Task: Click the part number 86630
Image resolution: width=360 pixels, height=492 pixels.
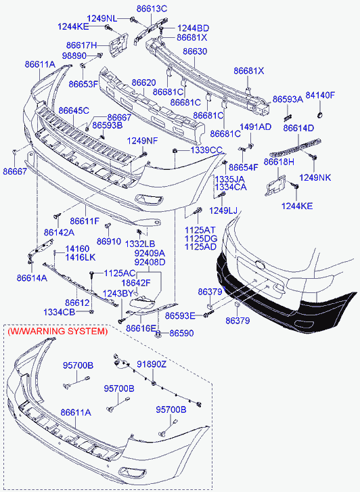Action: tap(195, 51)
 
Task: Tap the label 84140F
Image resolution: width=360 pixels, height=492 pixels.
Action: tap(320, 95)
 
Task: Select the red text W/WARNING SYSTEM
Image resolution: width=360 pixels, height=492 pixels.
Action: tap(58, 331)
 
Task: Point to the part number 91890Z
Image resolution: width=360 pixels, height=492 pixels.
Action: tap(152, 364)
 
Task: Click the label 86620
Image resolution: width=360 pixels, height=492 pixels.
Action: tap(143, 83)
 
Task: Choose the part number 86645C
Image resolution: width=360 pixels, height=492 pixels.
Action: tap(74, 110)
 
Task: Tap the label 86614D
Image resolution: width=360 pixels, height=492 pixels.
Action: tap(298, 128)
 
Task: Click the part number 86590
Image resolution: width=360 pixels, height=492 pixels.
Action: tap(181, 333)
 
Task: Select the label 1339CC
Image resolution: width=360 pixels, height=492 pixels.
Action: tap(206, 150)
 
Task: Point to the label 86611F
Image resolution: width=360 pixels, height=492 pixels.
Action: tap(85, 221)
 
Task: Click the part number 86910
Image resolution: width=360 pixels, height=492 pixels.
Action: tap(108, 242)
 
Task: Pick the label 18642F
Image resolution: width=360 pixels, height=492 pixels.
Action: tap(136, 283)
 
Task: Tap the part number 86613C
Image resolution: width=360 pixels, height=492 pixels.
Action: tap(152, 9)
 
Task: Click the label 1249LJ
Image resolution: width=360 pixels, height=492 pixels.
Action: tap(223, 210)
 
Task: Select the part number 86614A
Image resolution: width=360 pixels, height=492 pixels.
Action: tap(32, 277)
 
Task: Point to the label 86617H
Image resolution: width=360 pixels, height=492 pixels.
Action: tap(82, 45)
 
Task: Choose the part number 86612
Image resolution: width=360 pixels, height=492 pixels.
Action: tap(77, 303)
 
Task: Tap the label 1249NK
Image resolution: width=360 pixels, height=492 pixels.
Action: tap(315, 177)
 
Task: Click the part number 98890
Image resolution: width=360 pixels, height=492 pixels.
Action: tap(74, 56)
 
